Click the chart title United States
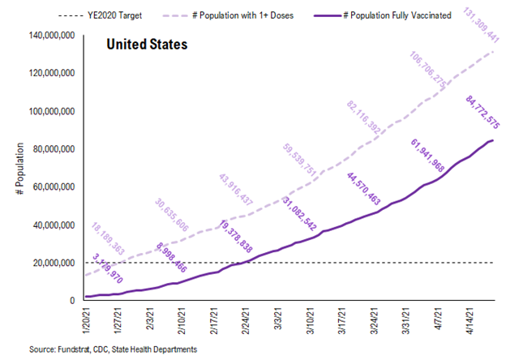[x=147, y=44]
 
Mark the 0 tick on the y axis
[x=72, y=301]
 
